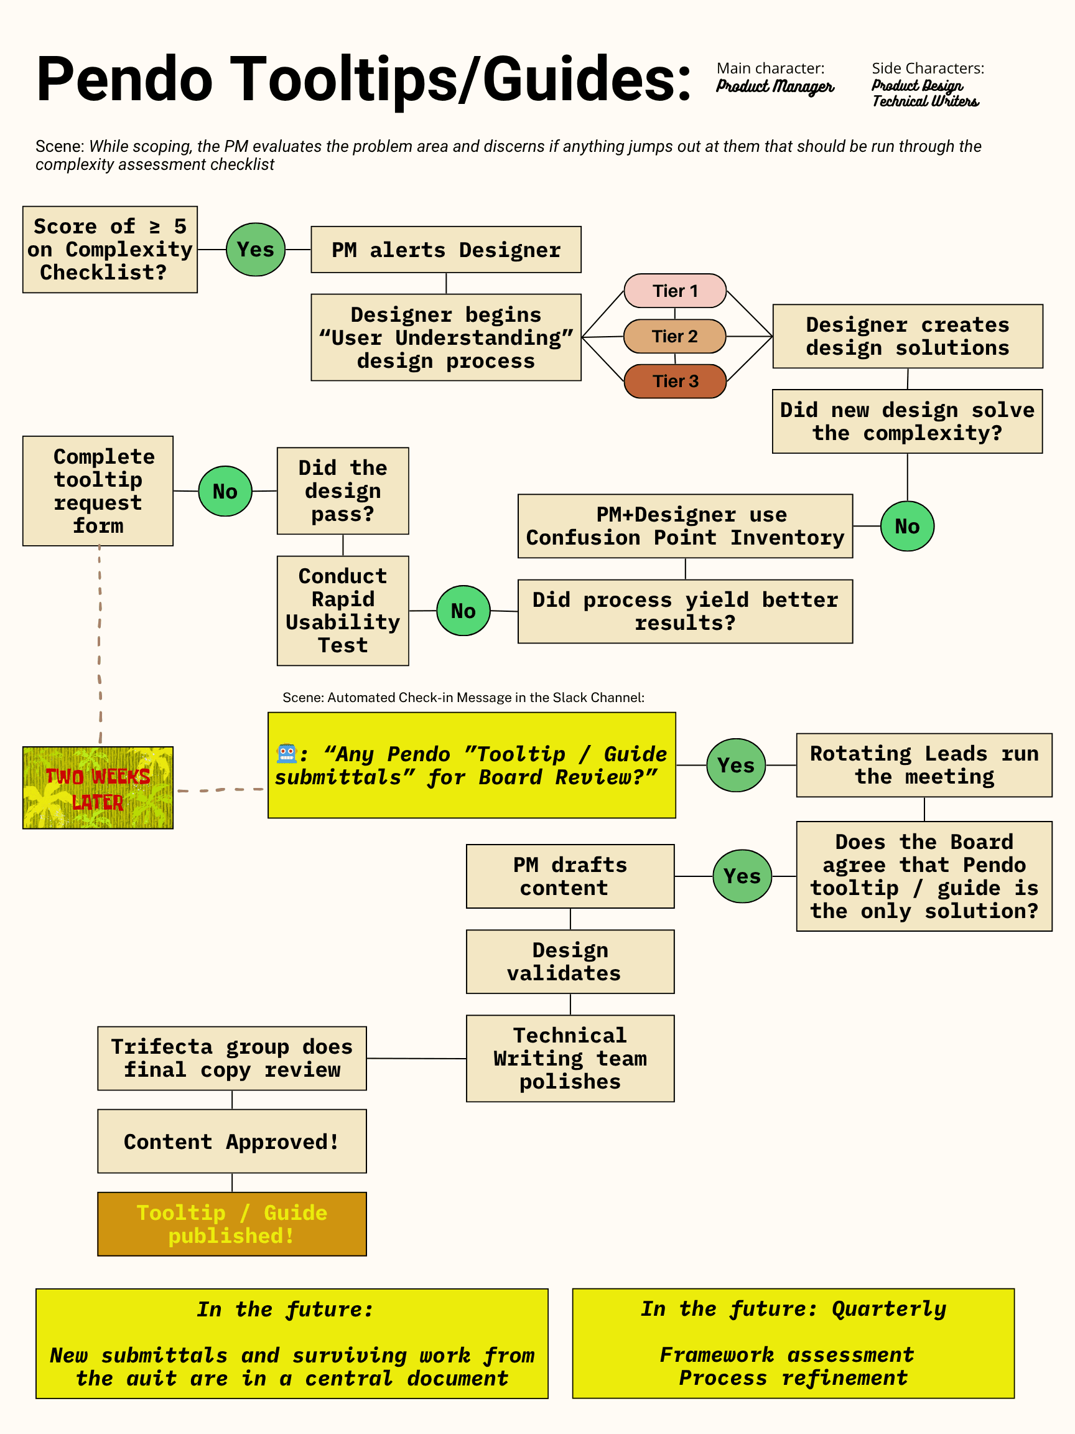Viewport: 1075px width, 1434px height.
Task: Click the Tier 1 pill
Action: tap(674, 291)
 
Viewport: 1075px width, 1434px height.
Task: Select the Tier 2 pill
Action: tap(674, 336)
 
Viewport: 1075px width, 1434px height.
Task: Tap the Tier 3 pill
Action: tap(674, 380)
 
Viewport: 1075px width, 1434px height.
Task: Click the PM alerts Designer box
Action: tap(446, 250)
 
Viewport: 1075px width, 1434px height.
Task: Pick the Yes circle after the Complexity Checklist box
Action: tap(255, 250)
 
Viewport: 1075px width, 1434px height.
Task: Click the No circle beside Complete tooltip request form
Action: tap(225, 492)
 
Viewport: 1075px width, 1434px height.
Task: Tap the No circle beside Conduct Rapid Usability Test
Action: tap(463, 611)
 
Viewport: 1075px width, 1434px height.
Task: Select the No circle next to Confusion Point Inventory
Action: tap(907, 527)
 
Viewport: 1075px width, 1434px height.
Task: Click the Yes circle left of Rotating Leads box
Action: tap(735, 765)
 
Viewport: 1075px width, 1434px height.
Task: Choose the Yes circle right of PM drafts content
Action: tap(742, 876)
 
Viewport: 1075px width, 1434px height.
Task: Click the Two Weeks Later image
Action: tap(98, 788)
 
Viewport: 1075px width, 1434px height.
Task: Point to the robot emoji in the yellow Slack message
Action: tap(286, 753)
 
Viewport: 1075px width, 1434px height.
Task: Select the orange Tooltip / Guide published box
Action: tap(232, 1224)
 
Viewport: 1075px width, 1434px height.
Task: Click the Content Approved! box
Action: tap(232, 1141)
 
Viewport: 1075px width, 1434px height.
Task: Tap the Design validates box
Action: tap(570, 962)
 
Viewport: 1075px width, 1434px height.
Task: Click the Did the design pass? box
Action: tap(343, 490)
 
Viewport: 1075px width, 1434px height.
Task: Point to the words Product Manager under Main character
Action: tap(775, 87)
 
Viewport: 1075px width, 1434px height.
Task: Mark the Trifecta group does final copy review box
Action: tap(232, 1058)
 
